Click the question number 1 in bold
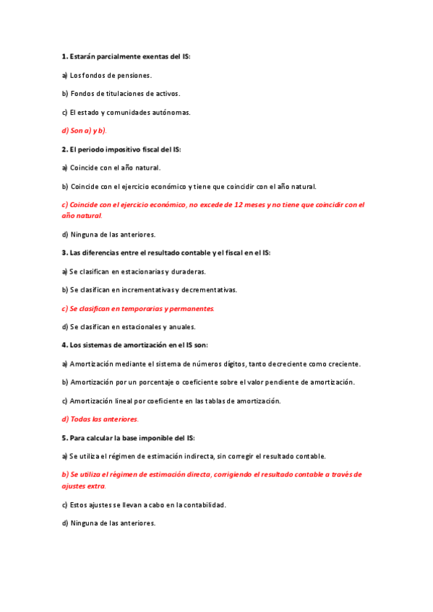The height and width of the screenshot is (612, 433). point(64,56)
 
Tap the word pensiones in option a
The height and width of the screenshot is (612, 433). point(134,75)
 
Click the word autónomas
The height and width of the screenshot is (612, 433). point(171,113)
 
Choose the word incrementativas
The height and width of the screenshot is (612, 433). point(145,290)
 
